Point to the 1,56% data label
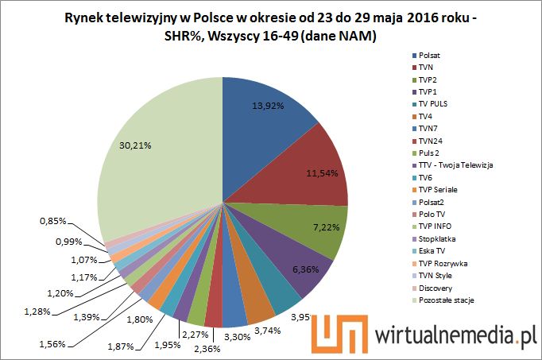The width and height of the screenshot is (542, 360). (53, 344)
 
